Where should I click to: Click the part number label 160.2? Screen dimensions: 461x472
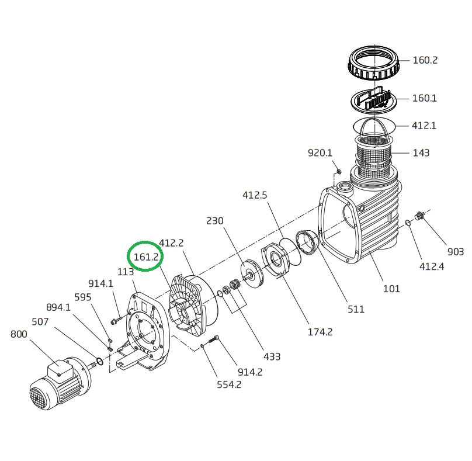click(x=425, y=60)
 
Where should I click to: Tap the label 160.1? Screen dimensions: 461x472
click(x=425, y=98)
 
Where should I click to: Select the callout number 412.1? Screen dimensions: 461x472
click(x=424, y=126)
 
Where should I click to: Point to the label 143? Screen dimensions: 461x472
click(x=421, y=153)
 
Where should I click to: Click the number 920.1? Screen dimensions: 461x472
click(x=320, y=153)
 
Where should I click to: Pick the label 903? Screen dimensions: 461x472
click(x=456, y=252)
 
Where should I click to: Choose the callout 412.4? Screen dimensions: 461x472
click(x=431, y=267)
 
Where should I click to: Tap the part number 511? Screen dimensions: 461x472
click(x=356, y=309)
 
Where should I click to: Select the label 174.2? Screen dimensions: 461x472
click(x=320, y=332)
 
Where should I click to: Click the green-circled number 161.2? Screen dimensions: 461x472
click(x=145, y=257)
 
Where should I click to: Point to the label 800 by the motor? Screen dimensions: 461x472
click(x=19, y=334)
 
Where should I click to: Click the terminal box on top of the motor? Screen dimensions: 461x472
click(x=60, y=368)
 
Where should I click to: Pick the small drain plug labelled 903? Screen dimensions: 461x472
click(x=418, y=216)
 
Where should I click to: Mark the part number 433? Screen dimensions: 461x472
click(x=272, y=356)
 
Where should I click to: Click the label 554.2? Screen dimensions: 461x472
click(x=229, y=384)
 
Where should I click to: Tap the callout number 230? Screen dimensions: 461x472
click(x=214, y=221)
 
